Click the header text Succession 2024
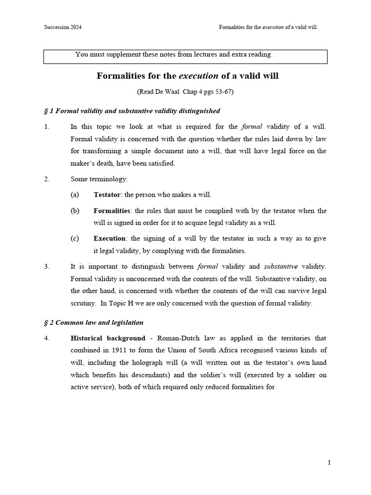[62, 27]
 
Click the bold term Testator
[108, 195]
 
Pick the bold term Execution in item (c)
[110, 238]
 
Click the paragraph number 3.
[46, 266]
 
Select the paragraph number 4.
[46, 338]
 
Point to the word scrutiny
[84, 303]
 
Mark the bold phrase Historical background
[108, 338]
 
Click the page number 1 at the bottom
[329, 463]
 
